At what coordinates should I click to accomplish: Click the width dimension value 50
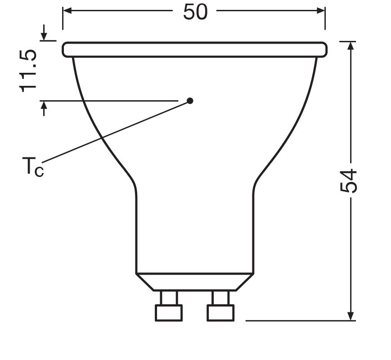coord(195,12)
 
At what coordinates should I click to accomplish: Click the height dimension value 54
coord(348,181)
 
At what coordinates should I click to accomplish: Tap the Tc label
coord(33,167)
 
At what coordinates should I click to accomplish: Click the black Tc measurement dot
coord(190,101)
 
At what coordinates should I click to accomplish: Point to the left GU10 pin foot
coord(169,313)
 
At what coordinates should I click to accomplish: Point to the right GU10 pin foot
coord(220,313)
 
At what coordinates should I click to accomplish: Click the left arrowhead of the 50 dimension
coord(67,10)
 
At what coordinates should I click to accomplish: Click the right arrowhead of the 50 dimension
coord(321,10)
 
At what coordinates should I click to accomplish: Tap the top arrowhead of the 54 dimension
coord(351,46)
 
